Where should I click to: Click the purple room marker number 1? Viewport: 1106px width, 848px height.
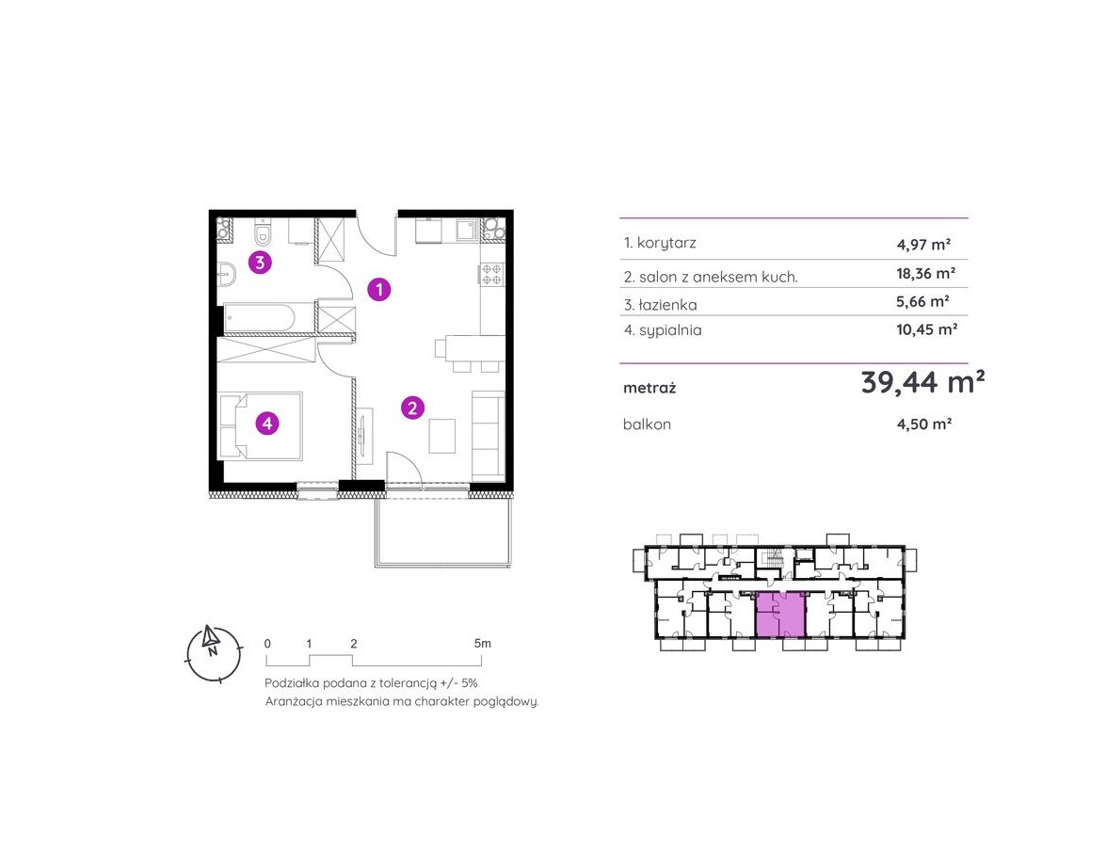[x=379, y=289]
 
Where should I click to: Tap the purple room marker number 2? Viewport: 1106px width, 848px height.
[x=412, y=408]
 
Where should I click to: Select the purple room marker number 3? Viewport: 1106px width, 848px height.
[x=261, y=263]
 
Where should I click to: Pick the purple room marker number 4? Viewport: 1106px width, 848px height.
[x=267, y=424]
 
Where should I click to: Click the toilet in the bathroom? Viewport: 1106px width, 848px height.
[x=264, y=231]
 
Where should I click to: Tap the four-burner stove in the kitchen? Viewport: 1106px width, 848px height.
[x=491, y=275]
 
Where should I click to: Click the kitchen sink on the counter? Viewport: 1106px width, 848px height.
[x=466, y=230]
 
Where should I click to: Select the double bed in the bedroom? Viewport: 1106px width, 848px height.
[x=261, y=426]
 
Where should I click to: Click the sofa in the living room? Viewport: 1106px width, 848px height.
[x=488, y=434]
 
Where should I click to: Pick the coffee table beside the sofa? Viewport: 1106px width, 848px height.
[x=442, y=435]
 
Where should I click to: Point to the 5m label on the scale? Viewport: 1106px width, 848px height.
[x=483, y=644]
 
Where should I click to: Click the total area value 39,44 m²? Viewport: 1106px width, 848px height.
[x=922, y=382]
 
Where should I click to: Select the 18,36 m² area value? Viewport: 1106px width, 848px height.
[x=926, y=273]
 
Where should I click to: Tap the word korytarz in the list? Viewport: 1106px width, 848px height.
[x=666, y=244]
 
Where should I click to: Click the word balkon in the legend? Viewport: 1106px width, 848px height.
[x=647, y=424]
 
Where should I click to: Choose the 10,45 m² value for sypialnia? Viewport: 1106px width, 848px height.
[x=927, y=328]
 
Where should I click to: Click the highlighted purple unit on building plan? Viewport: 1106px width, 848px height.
[x=780, y=615]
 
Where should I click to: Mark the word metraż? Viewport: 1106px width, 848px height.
[x=649, y=388]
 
